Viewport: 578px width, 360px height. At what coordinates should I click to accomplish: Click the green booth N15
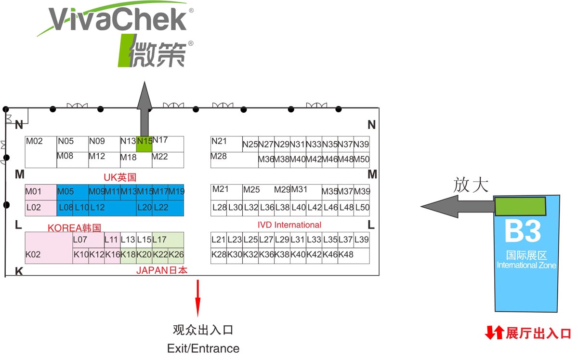point(144,144)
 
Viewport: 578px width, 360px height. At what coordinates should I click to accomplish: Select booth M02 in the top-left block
point(40,151)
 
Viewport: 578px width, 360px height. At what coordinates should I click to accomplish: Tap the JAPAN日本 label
point(161,270)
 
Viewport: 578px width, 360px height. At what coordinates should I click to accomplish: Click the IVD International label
point(289,225)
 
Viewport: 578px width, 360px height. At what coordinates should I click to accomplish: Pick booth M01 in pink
point(40,192)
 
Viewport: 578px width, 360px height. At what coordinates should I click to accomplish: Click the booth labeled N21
point(226,144)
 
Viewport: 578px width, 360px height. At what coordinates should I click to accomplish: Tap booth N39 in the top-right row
point(361,144)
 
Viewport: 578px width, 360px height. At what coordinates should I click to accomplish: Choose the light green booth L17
point(168,240)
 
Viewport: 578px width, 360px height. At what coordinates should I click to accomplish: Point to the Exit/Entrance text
point(203,348)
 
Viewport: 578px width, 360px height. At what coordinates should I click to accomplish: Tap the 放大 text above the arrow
point(471,185)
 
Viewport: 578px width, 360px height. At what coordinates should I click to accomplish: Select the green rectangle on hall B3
point(520,206)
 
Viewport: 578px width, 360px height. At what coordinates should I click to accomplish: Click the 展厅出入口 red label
point(538,333)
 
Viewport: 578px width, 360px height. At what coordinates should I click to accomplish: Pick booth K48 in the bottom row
point(346,255)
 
